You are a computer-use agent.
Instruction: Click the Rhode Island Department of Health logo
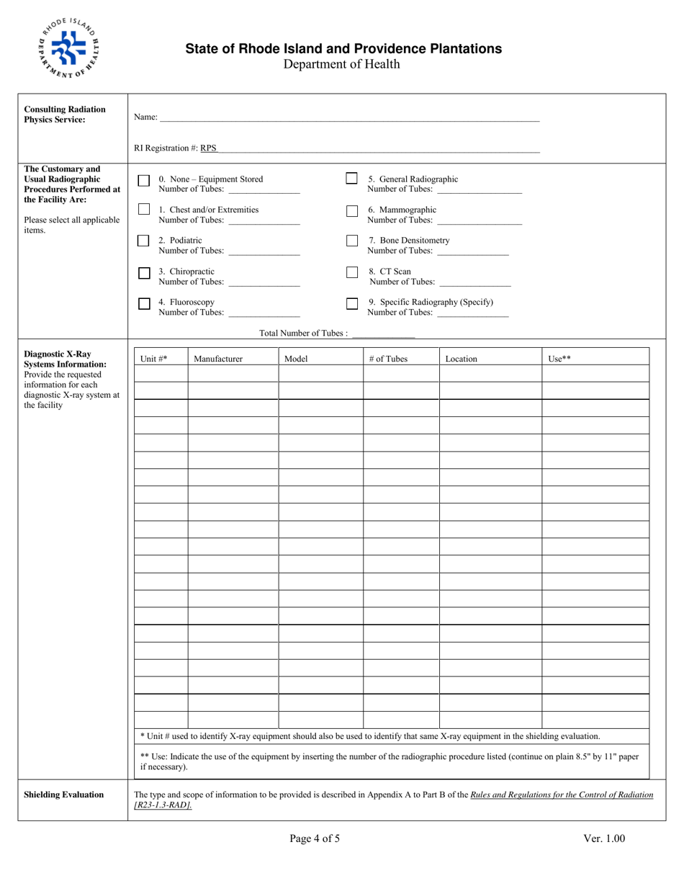[x=69, y=48]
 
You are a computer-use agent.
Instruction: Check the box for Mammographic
[x=352, y=211]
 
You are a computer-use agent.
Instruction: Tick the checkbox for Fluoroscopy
[x=144, y=304]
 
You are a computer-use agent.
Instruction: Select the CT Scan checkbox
[x=352, y=272]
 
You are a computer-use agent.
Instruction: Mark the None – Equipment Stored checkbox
[x=144, y=181]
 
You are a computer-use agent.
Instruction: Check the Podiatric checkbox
[x=143, y=241]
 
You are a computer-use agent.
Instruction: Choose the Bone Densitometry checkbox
[x=352, y=241]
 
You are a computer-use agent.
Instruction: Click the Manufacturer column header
[x=218, y=359]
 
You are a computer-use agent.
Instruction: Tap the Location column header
[x=461, y=359]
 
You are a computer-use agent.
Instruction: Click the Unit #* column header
[x=153, y=359]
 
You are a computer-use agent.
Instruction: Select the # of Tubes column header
[x=388, y=359]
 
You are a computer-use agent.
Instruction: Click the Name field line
[x=349, y=119]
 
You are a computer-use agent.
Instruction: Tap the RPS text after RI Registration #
[x=208, y=148]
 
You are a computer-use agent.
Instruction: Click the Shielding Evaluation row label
[x=64, y=795]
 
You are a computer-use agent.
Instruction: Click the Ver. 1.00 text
[x=604, y=838]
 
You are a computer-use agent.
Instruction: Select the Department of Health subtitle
[x=341, y=65]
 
